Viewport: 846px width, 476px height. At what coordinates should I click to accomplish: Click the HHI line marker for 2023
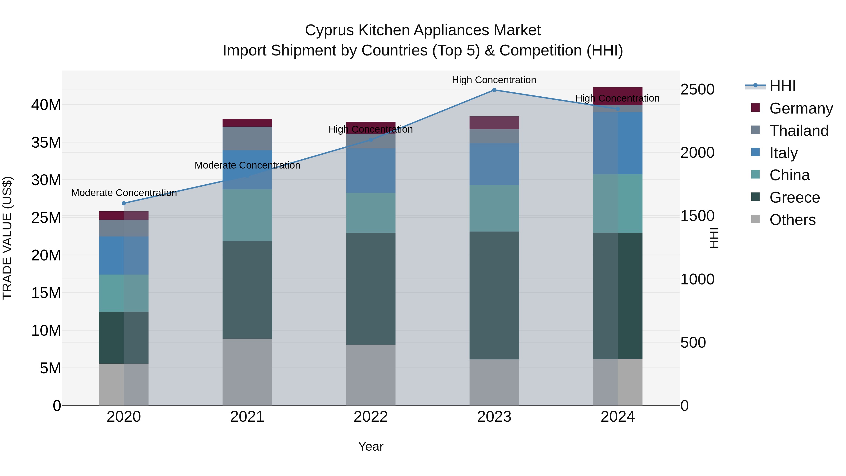pyautogui.click(x=494, y=90)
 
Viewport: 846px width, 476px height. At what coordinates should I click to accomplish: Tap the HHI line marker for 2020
pyautogui.click(x=124, y=203)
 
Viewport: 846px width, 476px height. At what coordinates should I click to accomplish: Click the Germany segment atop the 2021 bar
pyautogui.click(x=247, y=123)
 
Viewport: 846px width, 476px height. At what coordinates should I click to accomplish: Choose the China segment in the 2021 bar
pyautogui.click(x=247, y=215)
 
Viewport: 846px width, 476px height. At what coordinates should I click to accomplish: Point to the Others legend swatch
pyautogui.click(x=755, y=219)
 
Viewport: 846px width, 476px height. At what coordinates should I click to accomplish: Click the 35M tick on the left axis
pyautogui.click(x=46, y=143)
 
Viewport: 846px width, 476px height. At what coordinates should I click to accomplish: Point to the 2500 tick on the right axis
pyautogui.click(x=697, y=89)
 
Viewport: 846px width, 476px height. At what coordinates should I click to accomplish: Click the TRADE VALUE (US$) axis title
pyautogui.click(x=7, y=238)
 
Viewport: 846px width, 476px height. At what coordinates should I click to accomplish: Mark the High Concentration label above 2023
pyautogui.click(x=494, y=80)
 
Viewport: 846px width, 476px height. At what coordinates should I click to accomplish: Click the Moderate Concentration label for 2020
pyautogui.click(x=124, y=193)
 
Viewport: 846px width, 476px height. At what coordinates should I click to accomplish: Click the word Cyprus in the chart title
pyautogui.click(x=329, y=30)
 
